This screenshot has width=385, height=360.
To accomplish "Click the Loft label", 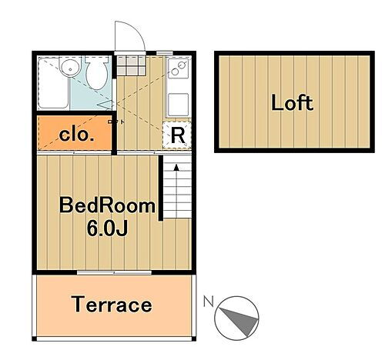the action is pyautogui.click(x=292, y=102).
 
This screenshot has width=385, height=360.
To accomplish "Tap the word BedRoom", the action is pyautogui.click(x=107, y=205).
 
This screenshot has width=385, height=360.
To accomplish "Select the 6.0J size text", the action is pyautogui.click(x=107, y=228).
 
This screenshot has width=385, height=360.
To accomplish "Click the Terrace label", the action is pyautogui.click(x=112, y=305).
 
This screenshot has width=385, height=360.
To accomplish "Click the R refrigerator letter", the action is pyautogui.click(x=178, y=135).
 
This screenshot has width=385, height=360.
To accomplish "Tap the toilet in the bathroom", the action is pyautogui.click(x=96, y=72).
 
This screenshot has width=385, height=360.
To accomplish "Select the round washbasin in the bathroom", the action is pyautogui.click(x=70, y=67).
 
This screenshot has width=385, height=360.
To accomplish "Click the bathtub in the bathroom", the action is pyautogui.click(x=53, y=82).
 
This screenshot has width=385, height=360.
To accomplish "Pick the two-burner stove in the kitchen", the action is pyautogui.click(x=179, y=68).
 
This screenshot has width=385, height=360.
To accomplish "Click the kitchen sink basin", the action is pyautogui.click(x=179, y=105).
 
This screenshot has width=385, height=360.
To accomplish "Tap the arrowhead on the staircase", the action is pyautogui.click(x=176, y=167).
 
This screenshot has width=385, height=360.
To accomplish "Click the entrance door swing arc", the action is pyautogui.click(x=136, y=32).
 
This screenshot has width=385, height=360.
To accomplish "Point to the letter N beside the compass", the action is pyautogui.click(x=209, y=302).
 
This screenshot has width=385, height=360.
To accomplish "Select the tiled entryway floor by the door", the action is pyautogui.click(x=131, y=65).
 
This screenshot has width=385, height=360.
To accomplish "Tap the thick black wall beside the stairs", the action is pyautogui.click(x=161, y=188).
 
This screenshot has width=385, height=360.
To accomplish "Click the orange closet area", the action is pyautogui.click(x=75, y=132).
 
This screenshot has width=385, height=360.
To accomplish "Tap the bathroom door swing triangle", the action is pyautogui.click(x=105, y=105).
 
